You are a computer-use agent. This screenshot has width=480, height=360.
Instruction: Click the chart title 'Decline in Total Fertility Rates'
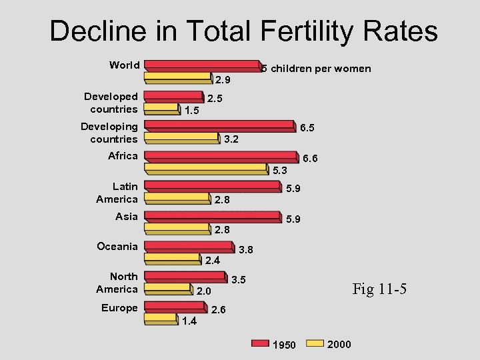(243, 31)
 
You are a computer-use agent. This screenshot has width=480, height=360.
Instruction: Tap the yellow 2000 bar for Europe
(161, 319)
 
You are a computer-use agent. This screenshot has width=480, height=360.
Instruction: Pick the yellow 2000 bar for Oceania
(173, 258)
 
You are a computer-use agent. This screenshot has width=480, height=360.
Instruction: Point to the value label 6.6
(310, 159)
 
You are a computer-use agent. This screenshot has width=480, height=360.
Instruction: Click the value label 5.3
(280, 170)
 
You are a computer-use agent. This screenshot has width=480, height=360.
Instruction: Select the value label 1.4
(189, 321)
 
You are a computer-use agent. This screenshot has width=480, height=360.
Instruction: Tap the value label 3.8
(246, 250)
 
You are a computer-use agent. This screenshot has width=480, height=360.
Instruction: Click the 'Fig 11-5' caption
(379, 289)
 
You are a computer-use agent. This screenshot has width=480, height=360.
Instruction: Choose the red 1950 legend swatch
(260, 344)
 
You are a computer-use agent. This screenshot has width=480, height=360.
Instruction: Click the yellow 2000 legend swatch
(314, 344)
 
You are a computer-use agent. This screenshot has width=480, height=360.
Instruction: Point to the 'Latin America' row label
(117, 193)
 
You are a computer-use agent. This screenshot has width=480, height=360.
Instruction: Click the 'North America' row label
(117, 283)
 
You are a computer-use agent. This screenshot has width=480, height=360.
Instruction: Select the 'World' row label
(125, 65)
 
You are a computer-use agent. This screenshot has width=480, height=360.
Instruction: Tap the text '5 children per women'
(316, 69)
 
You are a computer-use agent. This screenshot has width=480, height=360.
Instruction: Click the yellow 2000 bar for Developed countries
(161, 108)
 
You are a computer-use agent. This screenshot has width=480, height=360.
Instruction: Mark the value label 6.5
(307, 127)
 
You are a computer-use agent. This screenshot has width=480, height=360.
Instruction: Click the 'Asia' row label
(127, 216)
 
